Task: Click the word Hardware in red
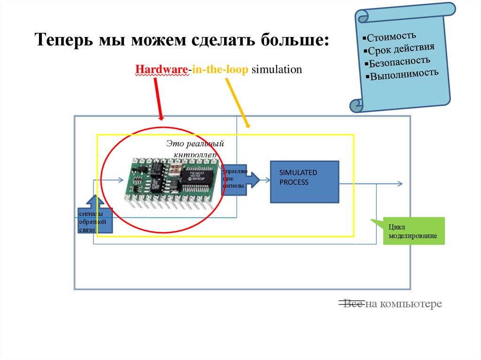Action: [x=162, y=70]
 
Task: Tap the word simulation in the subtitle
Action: [x=276, y=70]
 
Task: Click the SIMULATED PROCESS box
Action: [x=304, y=182]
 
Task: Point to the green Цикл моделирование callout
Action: [x=413, y=231]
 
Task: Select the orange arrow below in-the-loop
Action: [x=238, y=103]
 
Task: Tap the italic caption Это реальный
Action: [x=195, y=144]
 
